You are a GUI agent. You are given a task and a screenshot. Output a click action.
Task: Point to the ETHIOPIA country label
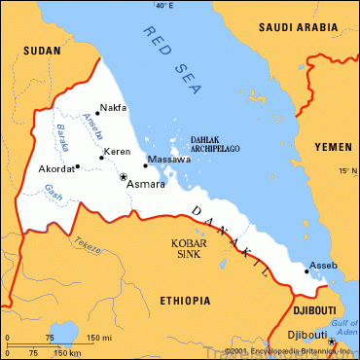click(184, 301)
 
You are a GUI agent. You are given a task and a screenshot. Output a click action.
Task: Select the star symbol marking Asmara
click(123, 177)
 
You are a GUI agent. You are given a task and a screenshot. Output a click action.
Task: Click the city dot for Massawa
click(146, 165)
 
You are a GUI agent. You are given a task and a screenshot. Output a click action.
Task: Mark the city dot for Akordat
click(77, 166)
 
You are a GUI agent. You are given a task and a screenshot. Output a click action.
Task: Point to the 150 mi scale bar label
click(99, 338)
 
